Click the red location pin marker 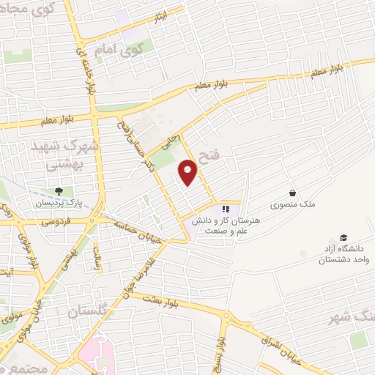pyautogui.click(x=189, y=173)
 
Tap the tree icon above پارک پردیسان pyautogui.click(x=59, y=191)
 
